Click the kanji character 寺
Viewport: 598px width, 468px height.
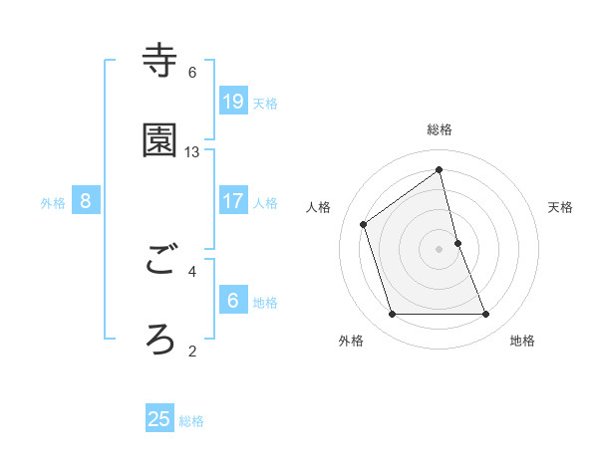159,61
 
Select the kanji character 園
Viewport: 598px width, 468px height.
159,141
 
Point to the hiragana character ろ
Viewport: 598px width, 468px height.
159,340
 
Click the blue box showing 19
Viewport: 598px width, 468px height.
232,102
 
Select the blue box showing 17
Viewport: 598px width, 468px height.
232,201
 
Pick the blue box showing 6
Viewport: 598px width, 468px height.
232,301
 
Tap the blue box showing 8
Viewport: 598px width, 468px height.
86,201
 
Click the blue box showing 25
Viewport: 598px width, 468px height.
159,419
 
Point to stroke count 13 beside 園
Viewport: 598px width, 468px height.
192,152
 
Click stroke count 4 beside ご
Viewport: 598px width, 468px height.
192,270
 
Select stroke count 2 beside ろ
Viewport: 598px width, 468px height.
192,351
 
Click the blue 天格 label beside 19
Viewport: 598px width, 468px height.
265,104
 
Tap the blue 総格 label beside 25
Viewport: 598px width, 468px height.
191,421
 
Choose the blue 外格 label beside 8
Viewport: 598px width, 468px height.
53,203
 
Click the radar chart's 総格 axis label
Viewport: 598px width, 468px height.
440,129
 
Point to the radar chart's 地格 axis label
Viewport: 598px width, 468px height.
522,341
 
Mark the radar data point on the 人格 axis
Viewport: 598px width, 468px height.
364,224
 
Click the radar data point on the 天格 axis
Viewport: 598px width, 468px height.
457,243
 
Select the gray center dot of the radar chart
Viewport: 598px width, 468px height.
440,249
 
